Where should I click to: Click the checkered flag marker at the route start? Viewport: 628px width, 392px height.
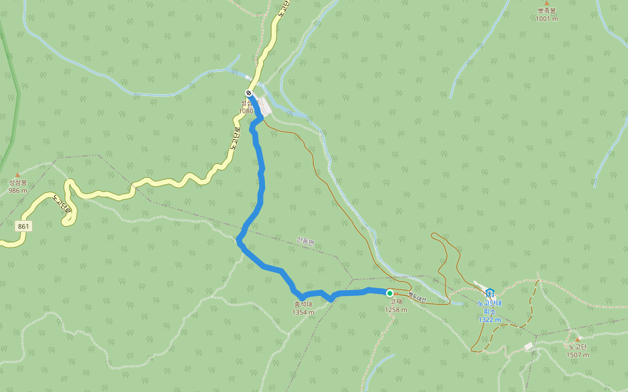[248, 93]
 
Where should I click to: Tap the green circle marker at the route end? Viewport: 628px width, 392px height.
[390, 293]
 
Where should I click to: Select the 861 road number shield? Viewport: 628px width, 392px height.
[24, 226]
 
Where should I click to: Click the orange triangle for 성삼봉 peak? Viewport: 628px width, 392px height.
[18, 174]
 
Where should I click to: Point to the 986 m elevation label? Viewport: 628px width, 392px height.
[18, 191]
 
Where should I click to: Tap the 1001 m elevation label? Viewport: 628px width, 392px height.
[546, 19]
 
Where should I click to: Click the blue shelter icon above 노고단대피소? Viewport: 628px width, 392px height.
[490, 292]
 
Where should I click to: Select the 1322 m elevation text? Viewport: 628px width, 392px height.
[489, 319]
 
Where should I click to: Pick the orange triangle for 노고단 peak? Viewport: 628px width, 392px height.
[578, 338]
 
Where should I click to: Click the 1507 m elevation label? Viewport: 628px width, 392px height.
[578, 355]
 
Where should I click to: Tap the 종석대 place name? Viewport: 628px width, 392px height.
[304, 304]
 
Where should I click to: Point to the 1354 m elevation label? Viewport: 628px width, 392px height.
[304, 312]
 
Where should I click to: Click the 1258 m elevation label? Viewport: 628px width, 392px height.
[396, 310]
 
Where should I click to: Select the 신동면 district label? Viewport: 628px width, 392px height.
[305, 241]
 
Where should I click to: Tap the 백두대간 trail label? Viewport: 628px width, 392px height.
[417, 297]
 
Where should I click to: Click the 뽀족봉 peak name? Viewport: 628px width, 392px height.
[546, 11]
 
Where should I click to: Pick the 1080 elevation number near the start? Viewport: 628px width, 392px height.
[245, 111]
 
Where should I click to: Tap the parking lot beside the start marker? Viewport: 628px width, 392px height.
[265, 106]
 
